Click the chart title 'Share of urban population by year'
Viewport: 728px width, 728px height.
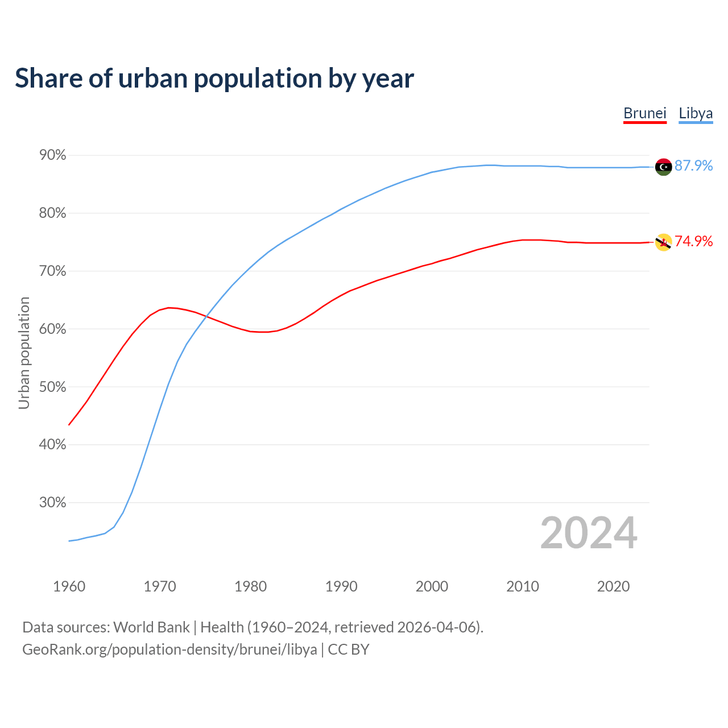[x=214, y=78]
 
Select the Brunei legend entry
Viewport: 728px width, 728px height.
[x=644, y=113]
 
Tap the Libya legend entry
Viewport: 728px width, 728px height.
[x=696, y=113]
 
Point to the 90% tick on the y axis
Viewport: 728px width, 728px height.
[x=52, y=155]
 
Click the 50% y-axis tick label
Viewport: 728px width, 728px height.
[x=52, y=387]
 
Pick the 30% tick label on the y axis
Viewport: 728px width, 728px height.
[x=52, y=503]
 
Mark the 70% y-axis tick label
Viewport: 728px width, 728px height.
[x=52, y=271]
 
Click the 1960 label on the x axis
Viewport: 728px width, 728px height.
[x=69, y=586]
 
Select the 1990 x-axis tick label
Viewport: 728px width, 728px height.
[x=341, y=586]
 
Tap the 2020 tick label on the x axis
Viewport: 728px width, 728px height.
[x=613, y=586]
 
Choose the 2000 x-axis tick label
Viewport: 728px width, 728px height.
[x=432, y=586]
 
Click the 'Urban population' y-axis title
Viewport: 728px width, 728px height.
[x=24, y=353]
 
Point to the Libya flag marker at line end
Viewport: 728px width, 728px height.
[x=663, y=167]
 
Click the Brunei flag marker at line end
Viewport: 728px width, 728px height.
[x=663, y=242]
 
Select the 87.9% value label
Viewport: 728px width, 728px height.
[x=693, y=166]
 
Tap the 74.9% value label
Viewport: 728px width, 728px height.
[x=693, y=241]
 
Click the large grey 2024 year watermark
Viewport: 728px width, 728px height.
[x=589, y=533]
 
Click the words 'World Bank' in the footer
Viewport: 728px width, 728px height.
[x=151, y=627]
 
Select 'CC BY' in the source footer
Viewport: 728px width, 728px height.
[x=349, y=650]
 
